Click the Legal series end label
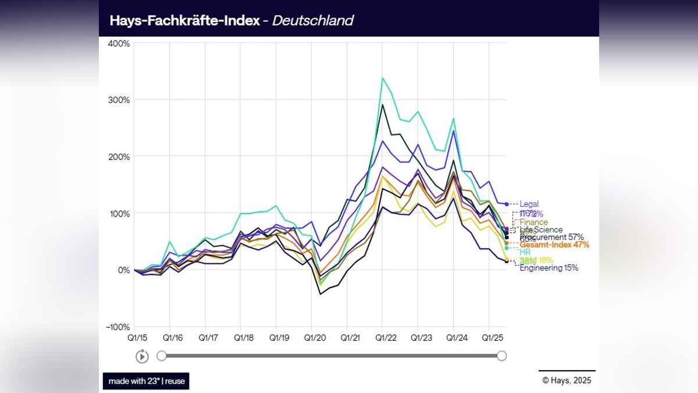click(529, 204)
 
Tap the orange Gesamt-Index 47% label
click(554, 245)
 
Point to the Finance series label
click(533, 222)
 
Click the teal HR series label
click(525, 252)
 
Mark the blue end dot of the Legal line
click(507, 204)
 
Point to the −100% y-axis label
click(117, 327)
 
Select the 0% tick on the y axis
click(123, 270)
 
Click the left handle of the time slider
click(162, 356)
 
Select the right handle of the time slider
click(501, 356)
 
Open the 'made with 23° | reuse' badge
click(146, 381)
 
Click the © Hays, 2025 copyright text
click(567, 381)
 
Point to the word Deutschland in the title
click(312, 20)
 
